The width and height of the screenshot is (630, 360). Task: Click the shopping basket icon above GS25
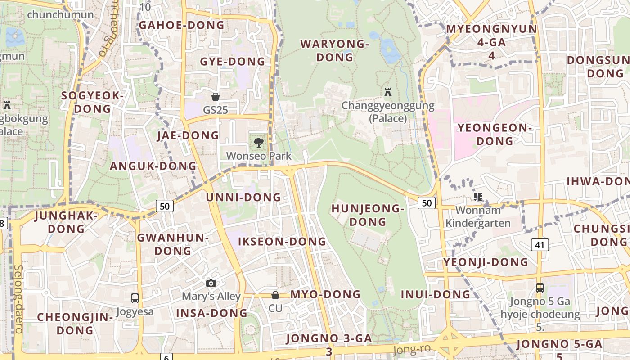tap(216, 96)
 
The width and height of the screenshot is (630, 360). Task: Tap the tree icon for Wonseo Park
tap(258, 143)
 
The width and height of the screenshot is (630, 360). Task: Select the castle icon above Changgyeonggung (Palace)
tap(387, 92)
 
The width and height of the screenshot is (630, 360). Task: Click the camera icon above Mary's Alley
tap(211, 283)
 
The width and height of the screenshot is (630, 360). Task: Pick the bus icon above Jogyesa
tap(135, 298)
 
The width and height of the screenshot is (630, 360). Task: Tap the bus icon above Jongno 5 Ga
tap(540, 288)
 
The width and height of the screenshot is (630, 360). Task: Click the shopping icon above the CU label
tap(275, 295)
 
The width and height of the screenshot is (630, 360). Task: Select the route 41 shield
tap(540, 244)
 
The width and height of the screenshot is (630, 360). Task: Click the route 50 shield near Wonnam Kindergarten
tap(427, 203)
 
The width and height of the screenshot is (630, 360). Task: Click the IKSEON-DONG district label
tap(282, 242)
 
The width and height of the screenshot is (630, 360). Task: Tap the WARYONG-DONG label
tap(334, 50)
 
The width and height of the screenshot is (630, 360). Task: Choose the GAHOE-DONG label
tap(181, 25)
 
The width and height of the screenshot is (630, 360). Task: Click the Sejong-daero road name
tap(18, 299)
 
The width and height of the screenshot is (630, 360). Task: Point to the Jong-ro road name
tap(412, 349)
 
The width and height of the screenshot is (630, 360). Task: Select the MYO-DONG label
tap(325, 294)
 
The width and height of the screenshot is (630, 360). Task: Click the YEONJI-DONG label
tap(486, 262)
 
